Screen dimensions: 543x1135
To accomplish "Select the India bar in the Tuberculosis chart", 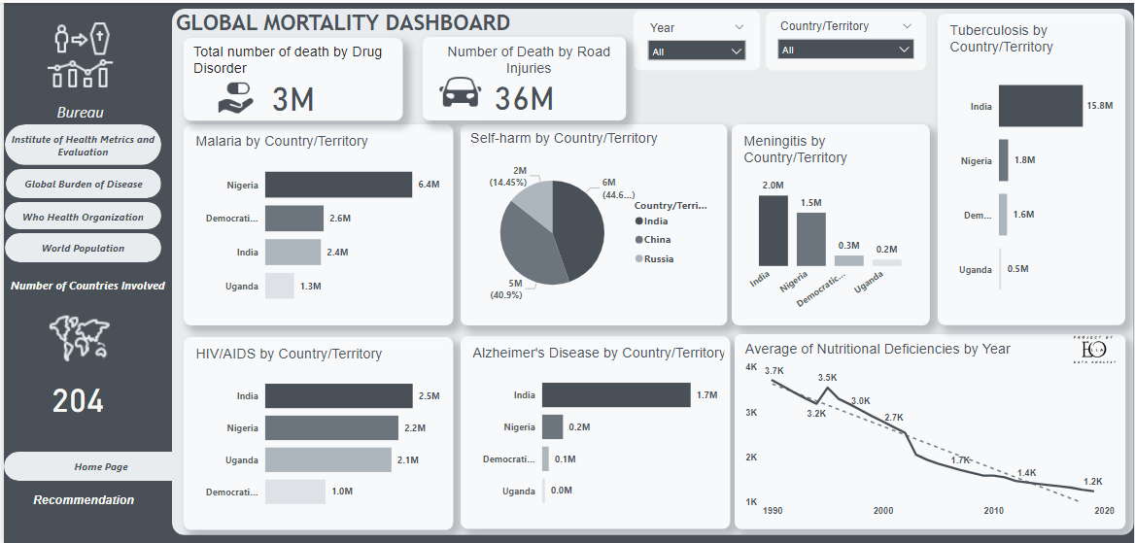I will click(x=1040, y=106).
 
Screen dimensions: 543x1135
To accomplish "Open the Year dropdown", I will click(x=697, y=51).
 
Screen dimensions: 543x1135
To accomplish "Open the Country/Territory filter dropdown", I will click(x=845, y=50).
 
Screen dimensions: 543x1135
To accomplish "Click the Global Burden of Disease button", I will click(x=84, y=185).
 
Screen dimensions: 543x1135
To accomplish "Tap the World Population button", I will click(x=84, y=249).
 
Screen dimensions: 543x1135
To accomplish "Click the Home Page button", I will click(x=101, y=467).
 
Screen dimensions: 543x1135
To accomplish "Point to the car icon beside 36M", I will click(x=460, y=94).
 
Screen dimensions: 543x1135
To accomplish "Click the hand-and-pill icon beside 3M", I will click(x=235, y=97).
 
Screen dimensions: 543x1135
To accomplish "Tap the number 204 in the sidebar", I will click(x=78, y=400).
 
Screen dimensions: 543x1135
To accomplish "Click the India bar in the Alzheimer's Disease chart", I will click(x=616, y=394).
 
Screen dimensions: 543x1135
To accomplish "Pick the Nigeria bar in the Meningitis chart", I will click(x=811, y=239).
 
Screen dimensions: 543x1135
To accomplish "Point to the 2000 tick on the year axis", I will click(x=882, y=510).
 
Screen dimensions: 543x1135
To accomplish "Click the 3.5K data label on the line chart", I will click(x=827, y=378).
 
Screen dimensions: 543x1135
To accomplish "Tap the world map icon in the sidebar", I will click(x=79, y=338).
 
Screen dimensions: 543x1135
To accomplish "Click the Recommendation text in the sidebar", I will click(x=84, y=500).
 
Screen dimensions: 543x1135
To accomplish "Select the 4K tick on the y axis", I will click(x=751, y=367).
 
